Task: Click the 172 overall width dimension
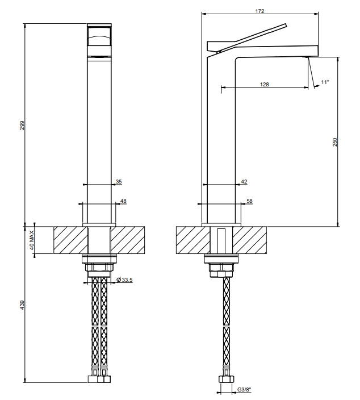pos(259,11)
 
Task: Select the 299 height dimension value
pos(23,125)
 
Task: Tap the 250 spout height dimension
pos(335,142)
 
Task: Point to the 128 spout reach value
pos(265,85)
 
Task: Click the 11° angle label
pos(325,82)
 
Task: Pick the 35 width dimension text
pos(119,182)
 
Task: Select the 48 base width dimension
pos(123,201)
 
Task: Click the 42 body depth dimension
pos(244,182)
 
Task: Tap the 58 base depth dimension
pos(249,201)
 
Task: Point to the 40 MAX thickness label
pos(32,240)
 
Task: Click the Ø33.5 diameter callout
pos(124,280)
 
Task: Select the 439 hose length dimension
pos(23,305)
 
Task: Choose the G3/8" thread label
pos(244,390)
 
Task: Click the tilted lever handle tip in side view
pos(286,25)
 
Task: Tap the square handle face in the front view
pos(99,36)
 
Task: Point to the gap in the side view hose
pos(226,326)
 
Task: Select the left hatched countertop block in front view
pos(70,240)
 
